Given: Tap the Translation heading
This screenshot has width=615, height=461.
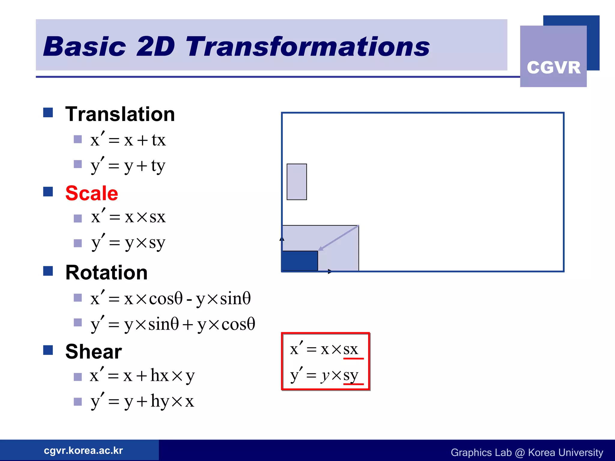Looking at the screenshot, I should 120,114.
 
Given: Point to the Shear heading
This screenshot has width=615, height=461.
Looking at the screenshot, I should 93,351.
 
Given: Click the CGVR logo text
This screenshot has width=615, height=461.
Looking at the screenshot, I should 553,67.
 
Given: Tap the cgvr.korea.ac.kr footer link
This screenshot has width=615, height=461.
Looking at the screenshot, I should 83,450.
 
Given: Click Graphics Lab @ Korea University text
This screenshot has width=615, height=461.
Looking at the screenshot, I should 527,452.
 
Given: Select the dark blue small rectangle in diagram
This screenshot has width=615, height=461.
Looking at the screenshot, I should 300,261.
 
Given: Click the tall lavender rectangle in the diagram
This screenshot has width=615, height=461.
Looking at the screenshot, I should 297,182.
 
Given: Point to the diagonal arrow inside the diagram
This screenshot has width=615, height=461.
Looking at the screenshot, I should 338,238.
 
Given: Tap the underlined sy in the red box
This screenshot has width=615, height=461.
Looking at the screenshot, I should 351,375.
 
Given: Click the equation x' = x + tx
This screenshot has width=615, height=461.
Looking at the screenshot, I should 128,140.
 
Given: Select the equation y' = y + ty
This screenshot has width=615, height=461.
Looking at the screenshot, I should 128,166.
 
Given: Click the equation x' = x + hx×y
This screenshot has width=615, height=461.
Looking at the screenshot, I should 142,375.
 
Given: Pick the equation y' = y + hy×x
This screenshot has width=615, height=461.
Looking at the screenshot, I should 142,401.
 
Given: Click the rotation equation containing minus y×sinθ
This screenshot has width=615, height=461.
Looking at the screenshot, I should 170,299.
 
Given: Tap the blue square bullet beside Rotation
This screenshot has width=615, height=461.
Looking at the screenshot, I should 48,271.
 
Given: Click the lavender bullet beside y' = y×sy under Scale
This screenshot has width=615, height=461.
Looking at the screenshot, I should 78,243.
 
